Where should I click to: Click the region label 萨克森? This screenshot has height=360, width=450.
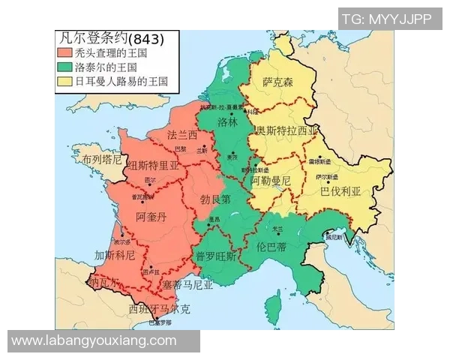(277, 81)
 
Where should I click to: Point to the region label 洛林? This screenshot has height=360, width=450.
(227, 121)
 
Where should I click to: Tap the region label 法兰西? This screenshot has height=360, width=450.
(182, 136)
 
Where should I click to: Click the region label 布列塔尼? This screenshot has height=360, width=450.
(102, 160)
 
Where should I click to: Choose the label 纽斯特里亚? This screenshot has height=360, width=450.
(154, 166)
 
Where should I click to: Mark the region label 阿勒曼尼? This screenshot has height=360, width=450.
(270, 181)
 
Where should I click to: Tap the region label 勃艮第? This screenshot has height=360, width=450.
(216, 199)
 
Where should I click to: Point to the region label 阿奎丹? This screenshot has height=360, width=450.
(152, 217)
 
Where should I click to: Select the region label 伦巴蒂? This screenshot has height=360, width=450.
(271, 244)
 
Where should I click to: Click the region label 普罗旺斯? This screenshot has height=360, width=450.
(216, 256)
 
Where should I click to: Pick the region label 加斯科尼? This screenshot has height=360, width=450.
(114, 255)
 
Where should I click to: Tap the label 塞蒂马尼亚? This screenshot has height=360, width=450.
(187, 285)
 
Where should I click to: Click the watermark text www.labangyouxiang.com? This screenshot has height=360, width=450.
(94, 341)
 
